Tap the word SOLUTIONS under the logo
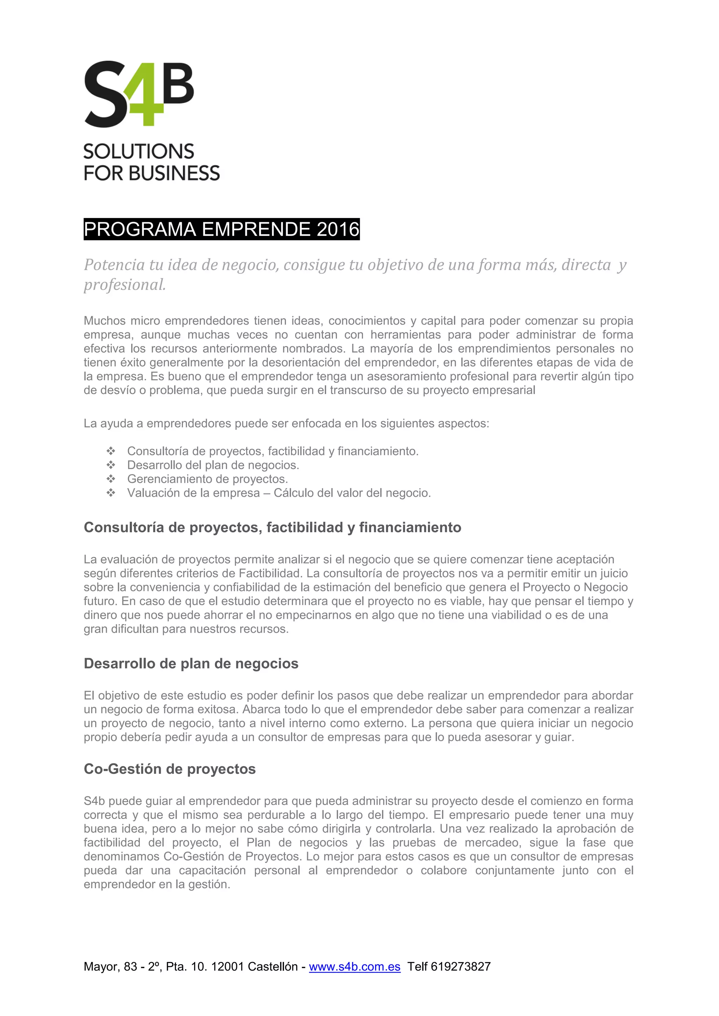click(139, 152)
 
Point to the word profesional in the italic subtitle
click(125, 285)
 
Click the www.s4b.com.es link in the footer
click(354, 967)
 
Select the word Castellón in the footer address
click(272, 967)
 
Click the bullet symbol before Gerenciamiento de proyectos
click(111, 479)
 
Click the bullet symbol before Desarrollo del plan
click(111, 465)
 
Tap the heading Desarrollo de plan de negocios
click(191, 664)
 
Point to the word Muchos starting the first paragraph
click(105, 321)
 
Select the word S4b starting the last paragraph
click(94, 801)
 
